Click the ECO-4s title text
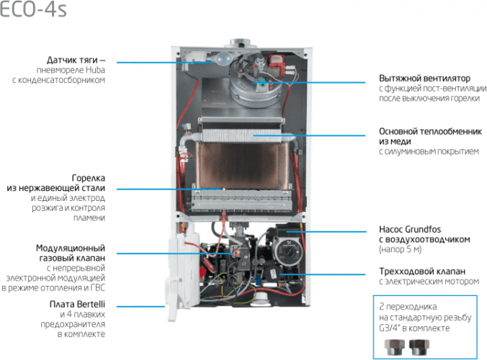(x=33, y=9)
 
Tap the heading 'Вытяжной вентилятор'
(x=424, y=78)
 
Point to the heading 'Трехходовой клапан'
(x=422, y=271)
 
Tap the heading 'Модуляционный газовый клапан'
(x=71, y=253)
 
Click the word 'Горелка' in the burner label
(x=89, y=178)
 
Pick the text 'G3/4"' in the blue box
(x=389, y=328)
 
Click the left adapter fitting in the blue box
(x=395, y=347)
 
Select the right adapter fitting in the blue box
(x=419, y=347)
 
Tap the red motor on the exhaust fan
(x=277, y=65)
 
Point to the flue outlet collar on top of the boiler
(x=242, y=43)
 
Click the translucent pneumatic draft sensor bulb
(x=223, y=58)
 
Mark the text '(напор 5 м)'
(x=400, y=250)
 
